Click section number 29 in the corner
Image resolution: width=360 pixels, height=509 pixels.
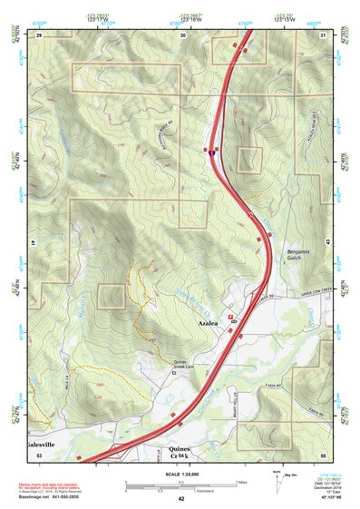pyautogui.click(x=40, y=34)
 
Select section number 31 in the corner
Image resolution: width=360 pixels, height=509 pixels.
pyautogui.click(x=323, y=34)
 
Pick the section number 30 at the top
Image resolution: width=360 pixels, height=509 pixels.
pyautogui.click(x=183, y=34)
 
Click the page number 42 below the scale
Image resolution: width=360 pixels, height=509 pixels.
pyautogui.click(x=181, y=498)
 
